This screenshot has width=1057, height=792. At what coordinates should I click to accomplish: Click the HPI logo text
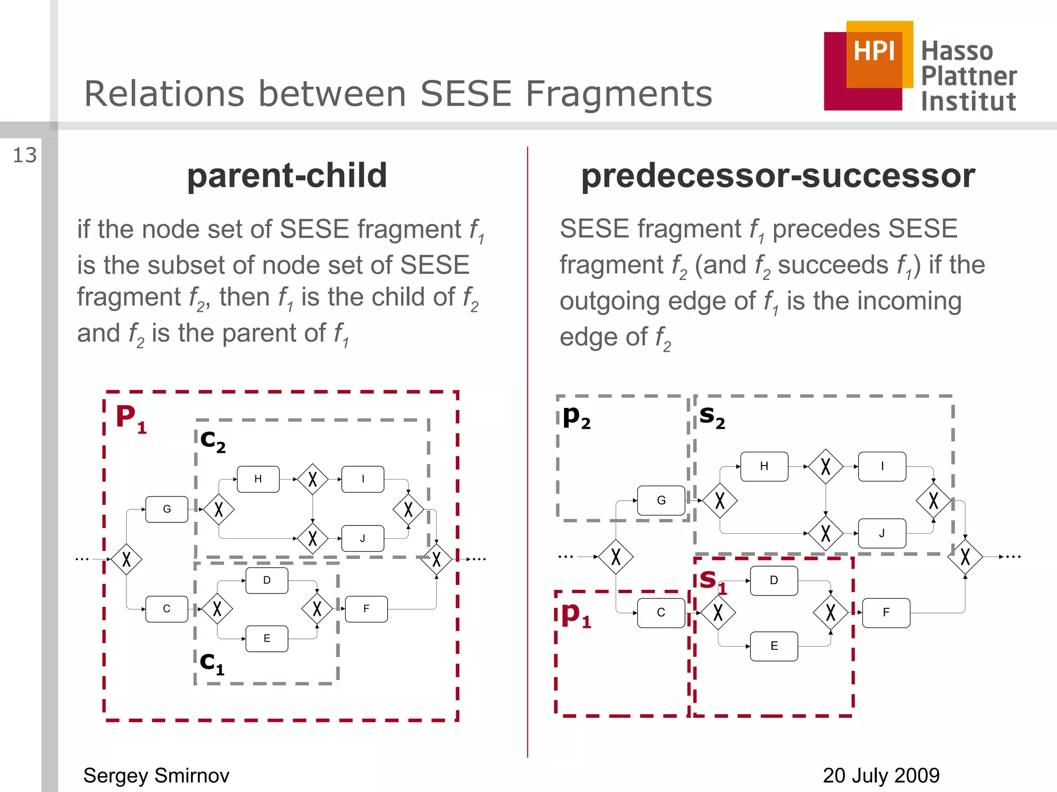874,51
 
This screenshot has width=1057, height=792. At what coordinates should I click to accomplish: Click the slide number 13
25,155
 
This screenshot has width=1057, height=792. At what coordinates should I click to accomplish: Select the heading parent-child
287,175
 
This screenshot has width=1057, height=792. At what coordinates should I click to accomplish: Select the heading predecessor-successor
778,175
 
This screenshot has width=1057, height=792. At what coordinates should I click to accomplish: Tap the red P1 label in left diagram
130,418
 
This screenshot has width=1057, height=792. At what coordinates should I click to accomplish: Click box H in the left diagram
258,479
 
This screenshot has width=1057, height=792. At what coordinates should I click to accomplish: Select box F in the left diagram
366,609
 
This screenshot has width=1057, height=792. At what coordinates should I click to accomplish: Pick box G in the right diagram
661,500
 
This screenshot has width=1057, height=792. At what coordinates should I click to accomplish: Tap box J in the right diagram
882,533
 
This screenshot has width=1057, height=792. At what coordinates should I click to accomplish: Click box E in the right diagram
774,646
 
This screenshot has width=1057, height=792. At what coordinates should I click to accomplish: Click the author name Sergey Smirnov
156,775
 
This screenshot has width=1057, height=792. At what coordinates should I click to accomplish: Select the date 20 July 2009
880,775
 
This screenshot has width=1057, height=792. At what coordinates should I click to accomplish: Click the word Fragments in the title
618,94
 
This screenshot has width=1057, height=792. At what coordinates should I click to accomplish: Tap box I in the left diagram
363,479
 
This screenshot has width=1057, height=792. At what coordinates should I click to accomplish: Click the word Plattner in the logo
968,76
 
